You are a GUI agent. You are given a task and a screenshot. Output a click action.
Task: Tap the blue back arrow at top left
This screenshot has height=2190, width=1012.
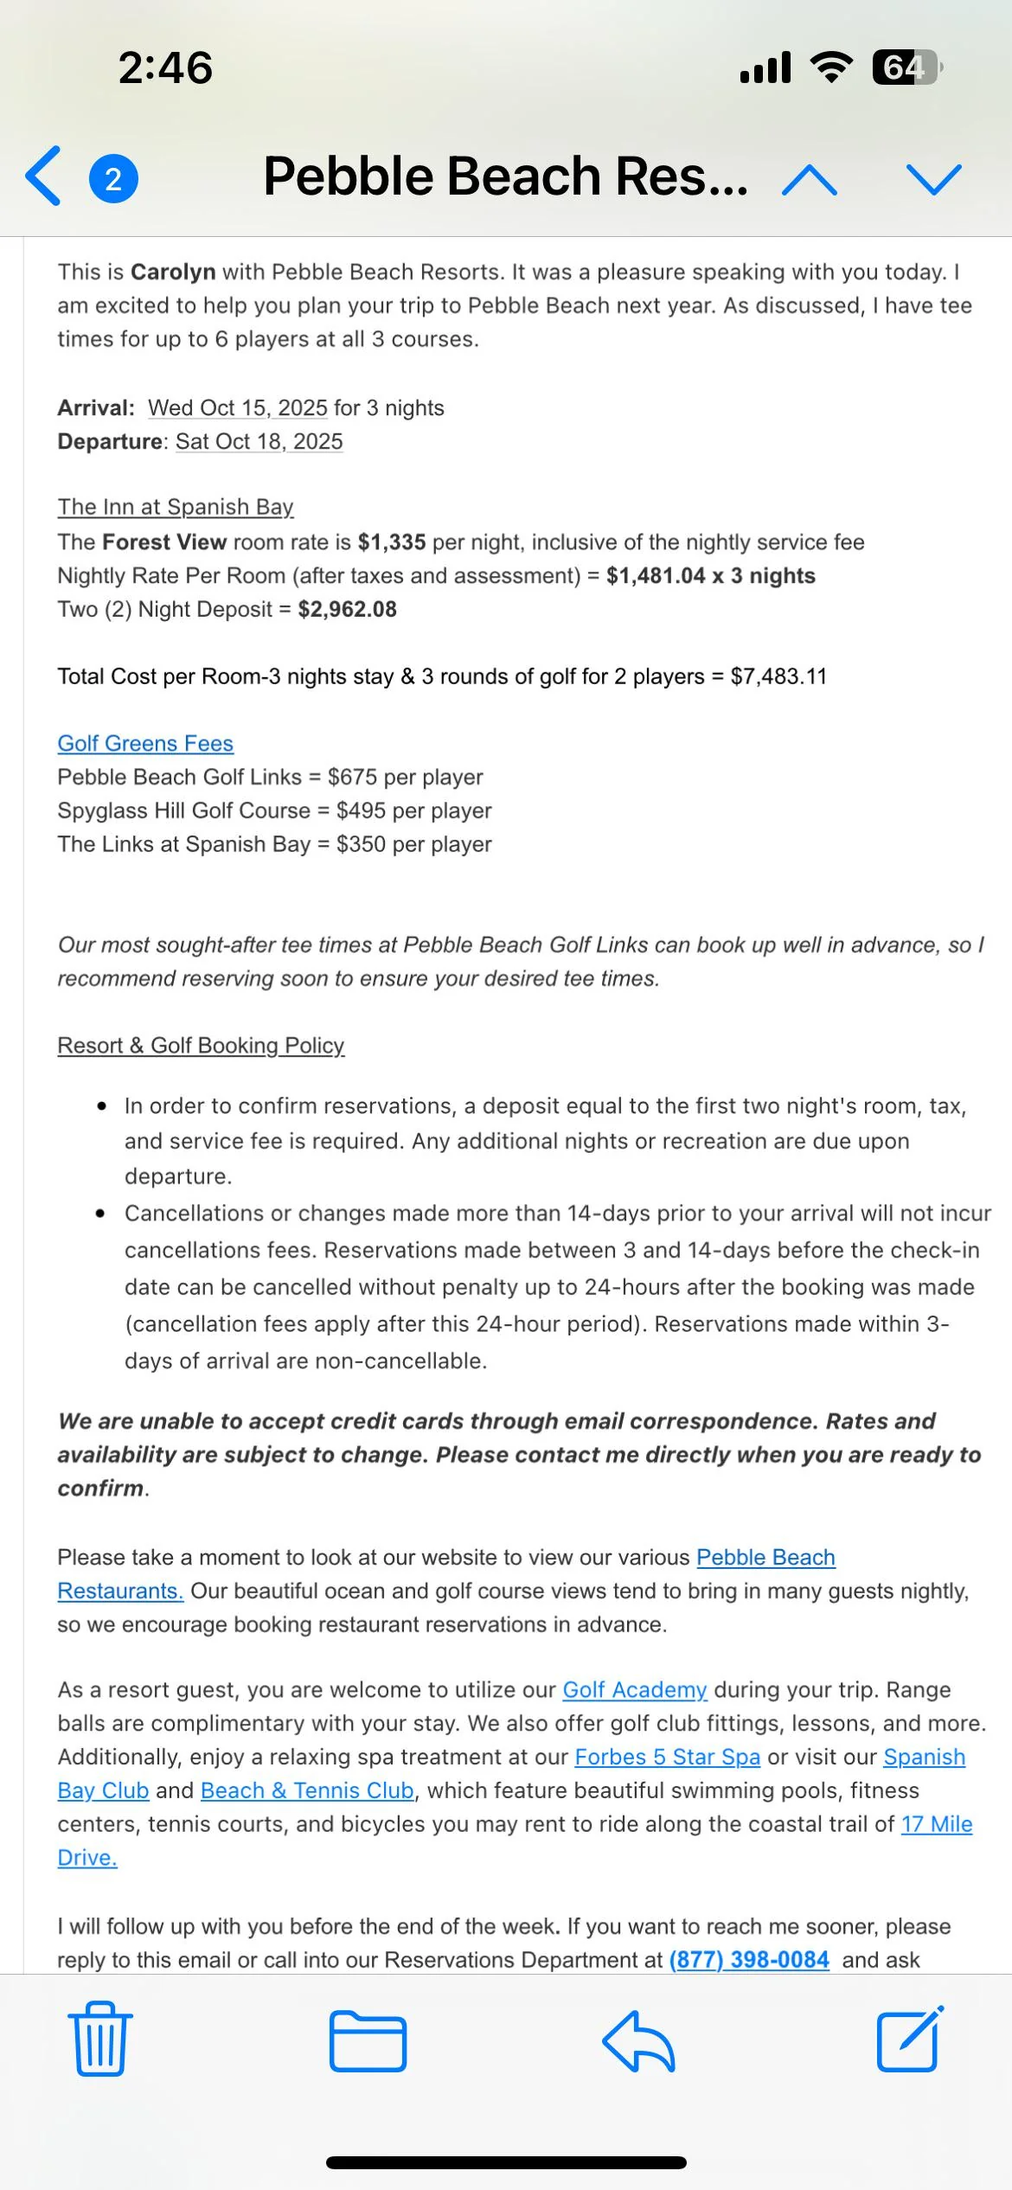[x=43, y=176]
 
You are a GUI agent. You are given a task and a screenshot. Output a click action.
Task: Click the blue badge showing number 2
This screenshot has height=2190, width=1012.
[x=113, y=179]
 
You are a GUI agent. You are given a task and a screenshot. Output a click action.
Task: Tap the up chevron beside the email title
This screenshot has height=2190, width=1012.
[x=809, y=180]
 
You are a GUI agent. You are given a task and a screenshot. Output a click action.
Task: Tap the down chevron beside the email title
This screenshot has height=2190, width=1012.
[x=933, y=179]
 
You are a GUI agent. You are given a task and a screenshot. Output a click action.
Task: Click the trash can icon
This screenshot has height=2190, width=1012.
[x=100, y=2040]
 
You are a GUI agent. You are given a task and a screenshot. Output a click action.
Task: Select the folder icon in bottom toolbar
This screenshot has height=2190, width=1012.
[x=368, y=2040]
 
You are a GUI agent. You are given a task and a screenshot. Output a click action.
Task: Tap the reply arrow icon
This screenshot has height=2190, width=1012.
[x=638, y=2040]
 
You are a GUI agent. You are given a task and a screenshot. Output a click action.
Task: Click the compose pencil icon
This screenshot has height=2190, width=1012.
[x=909, y=2040]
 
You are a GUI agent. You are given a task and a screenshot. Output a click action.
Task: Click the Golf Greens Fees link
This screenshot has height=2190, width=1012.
[x=145, y=743]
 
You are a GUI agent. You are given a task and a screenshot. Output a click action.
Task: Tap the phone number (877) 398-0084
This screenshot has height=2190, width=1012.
[x=749, y=1959]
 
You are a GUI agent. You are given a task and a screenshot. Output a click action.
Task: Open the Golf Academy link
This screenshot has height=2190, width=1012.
[x=634, y=1689]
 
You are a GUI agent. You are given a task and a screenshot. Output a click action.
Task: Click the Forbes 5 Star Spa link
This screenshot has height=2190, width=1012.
[x=667, y=1757]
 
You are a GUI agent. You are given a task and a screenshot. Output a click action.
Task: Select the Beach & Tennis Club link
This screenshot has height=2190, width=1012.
[x=307, y=1790]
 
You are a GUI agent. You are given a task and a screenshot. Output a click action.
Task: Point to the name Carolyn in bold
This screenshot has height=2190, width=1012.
[x=173, y=272]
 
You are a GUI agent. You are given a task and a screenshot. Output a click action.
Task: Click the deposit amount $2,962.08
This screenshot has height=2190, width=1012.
[x=347, y=609]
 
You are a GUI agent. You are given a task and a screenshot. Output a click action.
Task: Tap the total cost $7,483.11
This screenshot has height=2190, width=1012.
[x=778, y=676]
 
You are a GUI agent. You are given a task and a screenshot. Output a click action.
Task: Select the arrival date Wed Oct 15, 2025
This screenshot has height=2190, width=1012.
[x=238, y=407]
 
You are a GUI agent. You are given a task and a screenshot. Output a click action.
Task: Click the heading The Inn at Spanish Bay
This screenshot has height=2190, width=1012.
[x=176, y=507]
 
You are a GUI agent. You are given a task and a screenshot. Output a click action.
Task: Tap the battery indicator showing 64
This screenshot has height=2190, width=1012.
[x=906, y=67]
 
